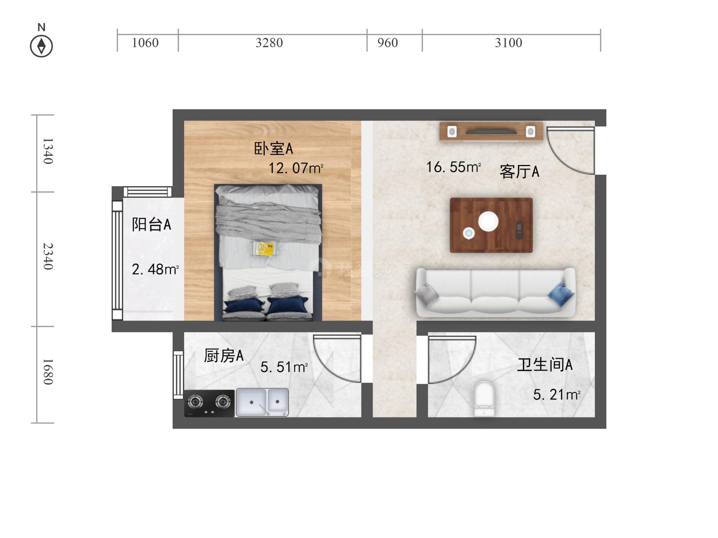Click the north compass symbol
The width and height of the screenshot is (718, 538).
41,46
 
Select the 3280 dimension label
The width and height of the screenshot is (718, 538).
269,43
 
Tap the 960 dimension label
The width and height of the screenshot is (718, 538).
387,43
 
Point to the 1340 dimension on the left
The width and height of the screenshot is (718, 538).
48,151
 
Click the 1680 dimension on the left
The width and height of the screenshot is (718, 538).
48,372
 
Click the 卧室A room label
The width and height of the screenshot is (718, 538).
274,148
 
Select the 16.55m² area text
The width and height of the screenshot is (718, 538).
453,167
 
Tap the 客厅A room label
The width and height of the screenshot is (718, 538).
519,171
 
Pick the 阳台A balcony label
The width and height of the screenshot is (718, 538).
151,225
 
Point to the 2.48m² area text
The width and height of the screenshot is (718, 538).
155,269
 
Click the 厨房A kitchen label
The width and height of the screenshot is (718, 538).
224,356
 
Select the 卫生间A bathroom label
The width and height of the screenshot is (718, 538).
545,364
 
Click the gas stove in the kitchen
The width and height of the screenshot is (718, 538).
209,403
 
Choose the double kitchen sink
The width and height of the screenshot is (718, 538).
262,402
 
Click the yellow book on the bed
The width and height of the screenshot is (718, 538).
264,249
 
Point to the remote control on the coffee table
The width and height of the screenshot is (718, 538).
519,230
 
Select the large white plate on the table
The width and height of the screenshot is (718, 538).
488,221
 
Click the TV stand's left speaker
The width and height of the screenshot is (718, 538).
452,132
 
